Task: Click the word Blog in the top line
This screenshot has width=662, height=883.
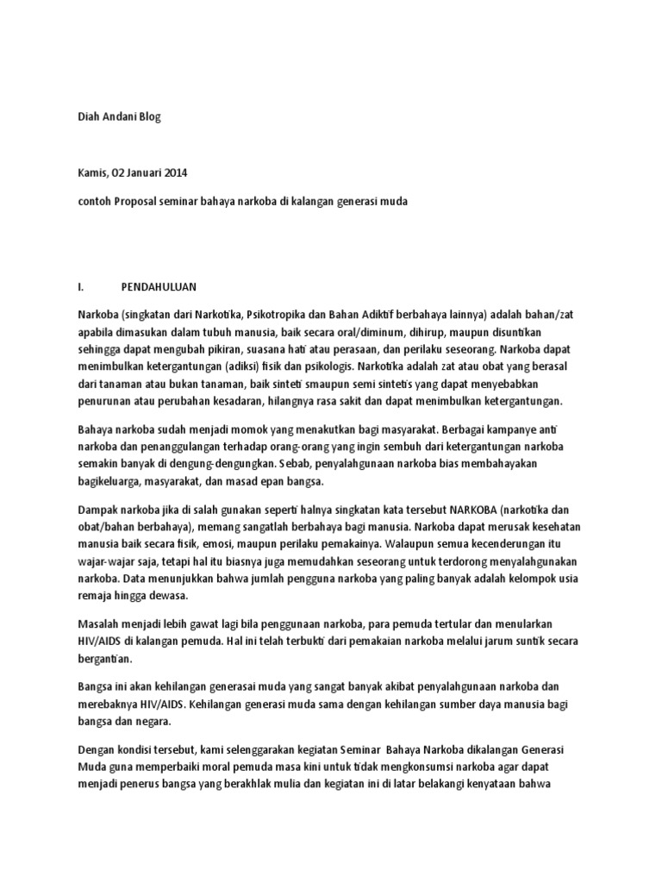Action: point(149,117)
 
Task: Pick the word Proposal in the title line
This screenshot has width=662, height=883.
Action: point(141,202)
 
